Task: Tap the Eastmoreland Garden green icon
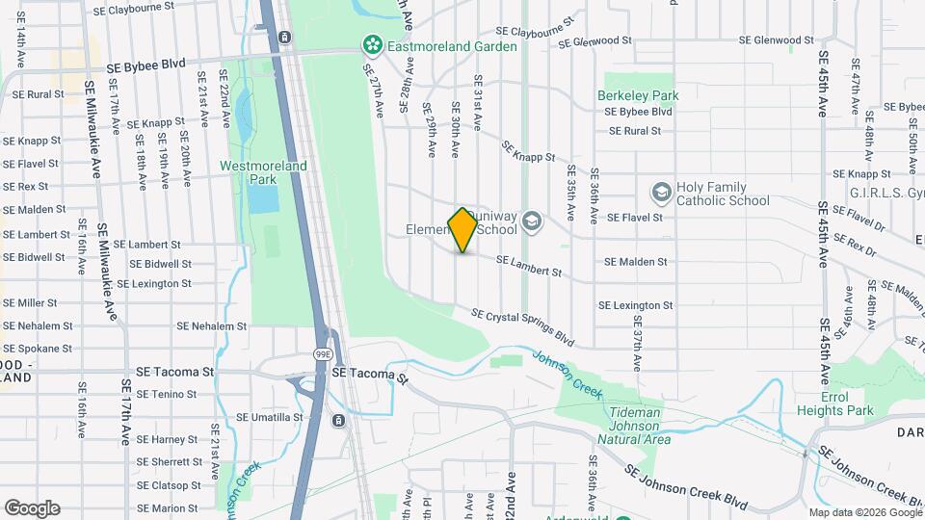[x=370, y=44]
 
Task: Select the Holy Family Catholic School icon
[x=661, y=194]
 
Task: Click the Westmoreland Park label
[x=263, y=172]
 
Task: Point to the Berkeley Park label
[x=637, y=95]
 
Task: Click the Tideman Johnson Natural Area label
[x=633, y=426]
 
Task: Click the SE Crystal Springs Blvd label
[x=522, y=328]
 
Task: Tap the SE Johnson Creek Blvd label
[x=685, y=486]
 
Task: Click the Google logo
[x=32, y=507]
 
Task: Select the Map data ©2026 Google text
[x=864, y=512]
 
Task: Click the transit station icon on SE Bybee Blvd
[x=285, y=38]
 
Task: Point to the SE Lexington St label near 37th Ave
[x=635, y=305]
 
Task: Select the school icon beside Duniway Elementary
[x=530, y=223]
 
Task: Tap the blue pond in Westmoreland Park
[x=260, y=198]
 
